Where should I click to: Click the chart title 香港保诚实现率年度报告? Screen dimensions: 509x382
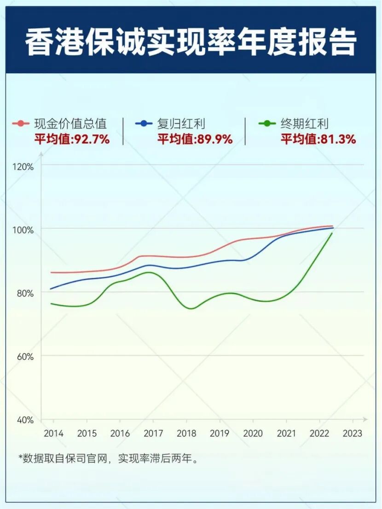pos(191,43)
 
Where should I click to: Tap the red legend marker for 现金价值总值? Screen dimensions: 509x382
pos(21,123)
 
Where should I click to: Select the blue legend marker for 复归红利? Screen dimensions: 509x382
pos(144,123)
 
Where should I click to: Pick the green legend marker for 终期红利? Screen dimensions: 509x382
pos(267,123)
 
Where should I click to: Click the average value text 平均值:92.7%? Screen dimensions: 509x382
pos(72,139)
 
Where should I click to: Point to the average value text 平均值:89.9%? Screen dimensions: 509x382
pos(195,139)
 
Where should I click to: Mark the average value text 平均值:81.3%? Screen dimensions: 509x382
pos(318,139)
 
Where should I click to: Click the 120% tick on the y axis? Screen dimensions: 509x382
pos(24,167)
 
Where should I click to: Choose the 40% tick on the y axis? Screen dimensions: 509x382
pos(26,420)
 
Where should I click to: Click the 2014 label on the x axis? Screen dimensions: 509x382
pos(54,434)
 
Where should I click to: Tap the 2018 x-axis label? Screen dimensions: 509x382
pos(186,434)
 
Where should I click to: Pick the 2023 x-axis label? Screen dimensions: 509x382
pos(353,434)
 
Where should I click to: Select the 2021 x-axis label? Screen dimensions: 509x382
pos(286,434)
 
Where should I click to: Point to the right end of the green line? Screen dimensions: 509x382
pos(332,233)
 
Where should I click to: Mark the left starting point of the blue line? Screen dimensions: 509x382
pos(51,289)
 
